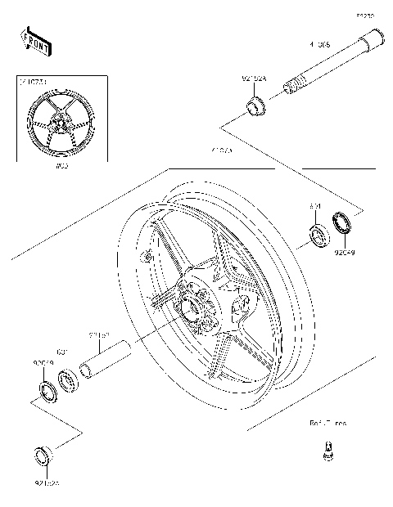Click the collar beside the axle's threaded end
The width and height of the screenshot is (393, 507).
[x=256, y=105]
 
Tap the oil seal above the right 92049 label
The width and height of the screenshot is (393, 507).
[x=342, y=223]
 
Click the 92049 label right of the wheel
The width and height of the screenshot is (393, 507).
[x=344, y=253]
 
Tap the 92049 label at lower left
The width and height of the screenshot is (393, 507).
[x=43, y=361]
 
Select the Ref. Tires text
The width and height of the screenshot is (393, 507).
[x=327, y=424]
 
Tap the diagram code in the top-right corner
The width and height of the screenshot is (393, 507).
[x=364, y=15]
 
